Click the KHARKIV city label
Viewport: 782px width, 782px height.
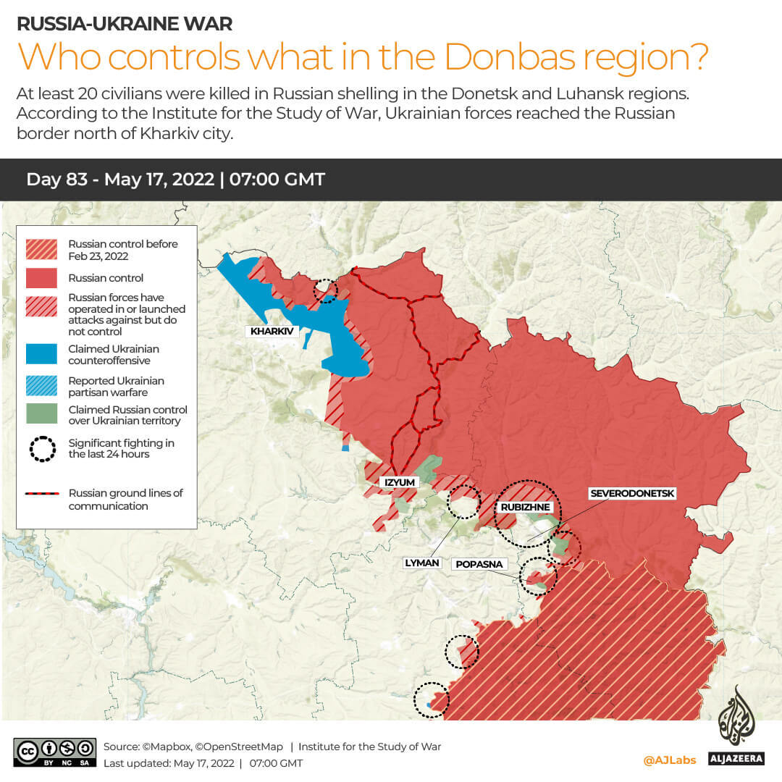click(x=272, y=332)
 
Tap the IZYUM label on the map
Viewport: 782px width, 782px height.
click(x=399, y=482)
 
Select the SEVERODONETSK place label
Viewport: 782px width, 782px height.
click(x=632, y=494)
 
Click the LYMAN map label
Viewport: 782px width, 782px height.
click(x=422, y=563)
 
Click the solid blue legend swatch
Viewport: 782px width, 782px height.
click(x=42, y=354)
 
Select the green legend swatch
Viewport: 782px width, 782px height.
click(x=42, y=414)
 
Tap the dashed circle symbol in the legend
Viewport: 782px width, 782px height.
click(x=42, y=449)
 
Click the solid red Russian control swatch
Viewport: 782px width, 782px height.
click(x=42, y=278)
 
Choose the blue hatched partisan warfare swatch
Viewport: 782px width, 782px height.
click(x=42, y=386)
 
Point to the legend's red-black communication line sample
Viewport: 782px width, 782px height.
click(x=42, y=494)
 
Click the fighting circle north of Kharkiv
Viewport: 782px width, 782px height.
click(x=325, y=290)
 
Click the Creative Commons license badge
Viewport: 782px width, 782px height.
click(x=55, y=752)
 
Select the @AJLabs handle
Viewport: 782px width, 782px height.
click(x=669, y=760)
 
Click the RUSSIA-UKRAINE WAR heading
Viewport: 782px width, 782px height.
click(x=125, y=23)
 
